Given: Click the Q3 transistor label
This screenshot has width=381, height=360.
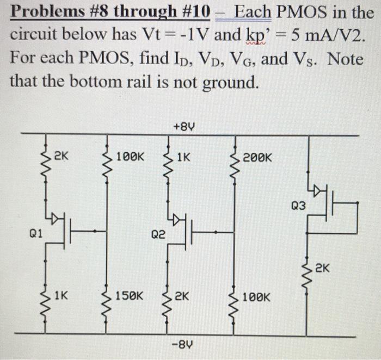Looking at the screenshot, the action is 299,206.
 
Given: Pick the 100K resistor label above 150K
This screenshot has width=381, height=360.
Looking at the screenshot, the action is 131,157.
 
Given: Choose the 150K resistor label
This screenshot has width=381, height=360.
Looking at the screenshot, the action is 130,297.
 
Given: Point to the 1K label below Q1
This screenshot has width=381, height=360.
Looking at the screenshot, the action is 62,296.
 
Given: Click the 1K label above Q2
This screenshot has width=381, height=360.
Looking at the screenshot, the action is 183,157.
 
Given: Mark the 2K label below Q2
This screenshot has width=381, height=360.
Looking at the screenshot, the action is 183,297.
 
